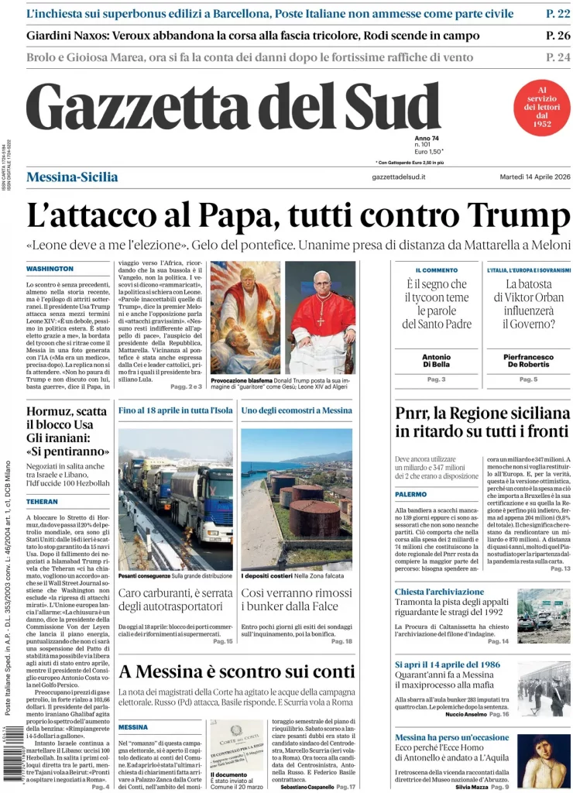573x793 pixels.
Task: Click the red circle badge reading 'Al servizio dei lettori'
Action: [x=542, y=107]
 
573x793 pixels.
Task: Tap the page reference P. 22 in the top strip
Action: [x=558, y=14]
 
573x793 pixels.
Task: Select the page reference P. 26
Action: [x=558, y=36]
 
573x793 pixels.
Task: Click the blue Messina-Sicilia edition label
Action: [x=72, y=177]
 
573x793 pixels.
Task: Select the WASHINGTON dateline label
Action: [x=50, y=269]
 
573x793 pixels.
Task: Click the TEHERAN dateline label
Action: [x=42, y=502]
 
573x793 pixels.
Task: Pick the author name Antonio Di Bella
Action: [x=436, y=361]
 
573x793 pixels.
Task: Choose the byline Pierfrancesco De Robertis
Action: [x=529, y=361]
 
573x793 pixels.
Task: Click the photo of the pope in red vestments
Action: [x=320, y=318]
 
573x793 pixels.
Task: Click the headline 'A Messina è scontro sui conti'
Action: [x=236, y=671]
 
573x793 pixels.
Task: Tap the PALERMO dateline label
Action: [x=411, y=494]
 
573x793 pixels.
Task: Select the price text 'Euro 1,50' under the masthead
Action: [x=427, y=152]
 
